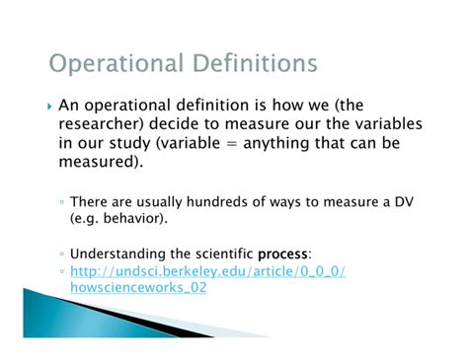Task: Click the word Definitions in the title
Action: coord(256,66)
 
